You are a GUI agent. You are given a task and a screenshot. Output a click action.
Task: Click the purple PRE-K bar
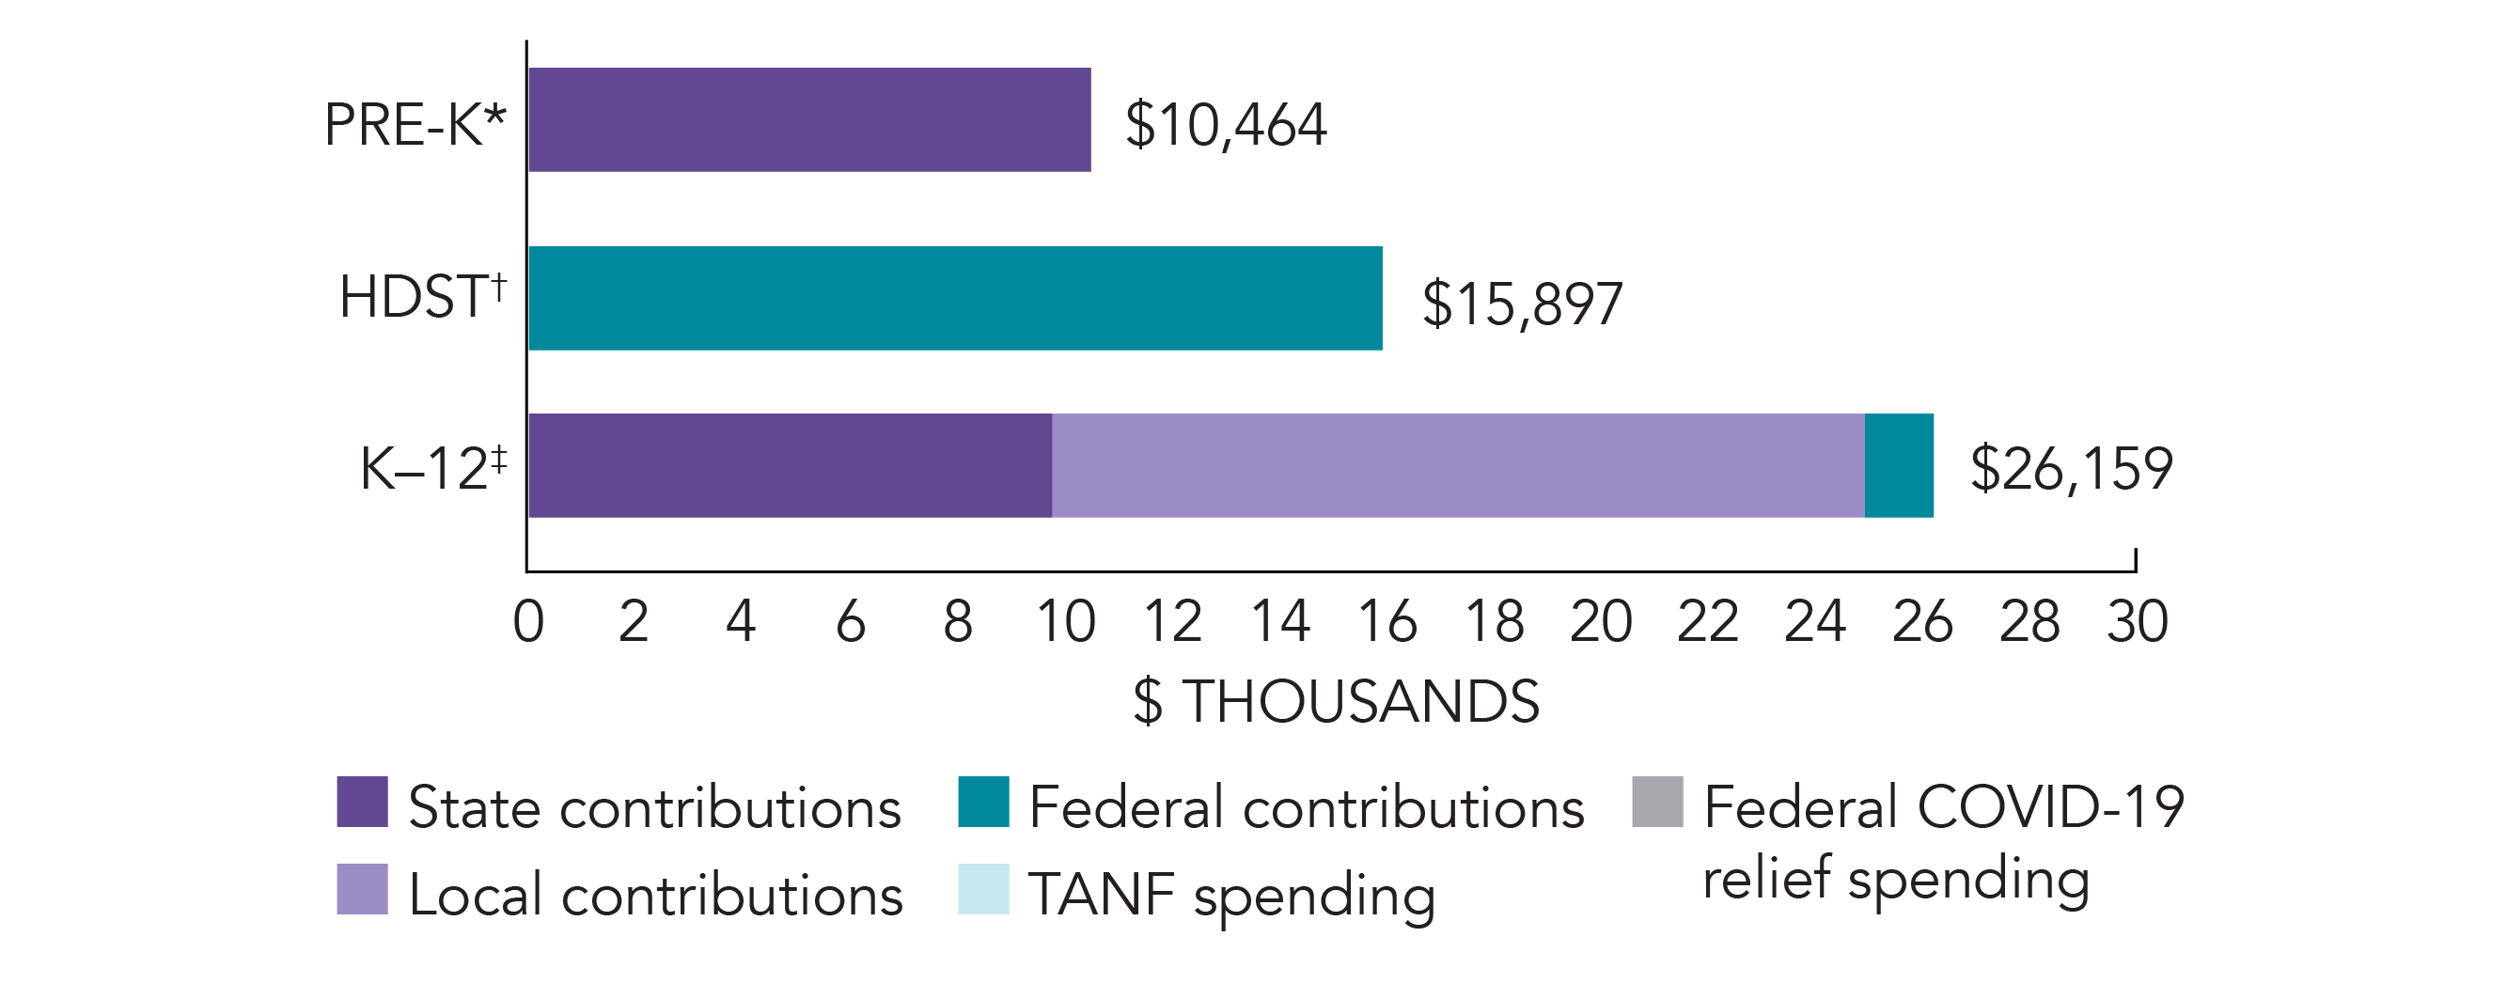click(x=808, y=119)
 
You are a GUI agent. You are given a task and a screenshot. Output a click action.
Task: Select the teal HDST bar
click(x=955, y=298)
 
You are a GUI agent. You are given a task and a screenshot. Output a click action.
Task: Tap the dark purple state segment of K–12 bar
click(x=790, y=465)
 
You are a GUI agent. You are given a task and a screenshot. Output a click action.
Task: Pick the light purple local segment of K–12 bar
click(x=1457, y=465)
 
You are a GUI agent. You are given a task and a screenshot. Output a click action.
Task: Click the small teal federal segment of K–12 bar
click(x=1898, y=465)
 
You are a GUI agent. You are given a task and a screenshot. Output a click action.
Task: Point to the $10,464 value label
click(x=1225, y=126)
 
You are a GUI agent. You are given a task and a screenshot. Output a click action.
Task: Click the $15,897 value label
click(x=1522, y=304)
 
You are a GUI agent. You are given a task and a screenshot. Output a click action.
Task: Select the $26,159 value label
click(x=2071, y=469)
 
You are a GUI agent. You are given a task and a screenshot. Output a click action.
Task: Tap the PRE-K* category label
click(x=415, y=126)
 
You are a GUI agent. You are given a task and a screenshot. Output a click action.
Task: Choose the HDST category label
click(x=422, y=297)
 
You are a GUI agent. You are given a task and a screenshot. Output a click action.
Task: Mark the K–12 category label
click(x=433, y=468)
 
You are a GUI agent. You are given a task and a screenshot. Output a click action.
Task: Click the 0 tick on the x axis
click(x=528, y=621)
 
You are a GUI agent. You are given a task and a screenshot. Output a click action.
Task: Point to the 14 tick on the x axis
click(x=1279, y=621)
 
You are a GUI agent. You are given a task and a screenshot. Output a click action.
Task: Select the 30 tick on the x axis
click(x=2138, y=621)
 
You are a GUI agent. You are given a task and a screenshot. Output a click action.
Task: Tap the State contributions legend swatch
click(x=362, y=802)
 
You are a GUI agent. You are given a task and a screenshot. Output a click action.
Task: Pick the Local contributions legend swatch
click(x=362, y=889)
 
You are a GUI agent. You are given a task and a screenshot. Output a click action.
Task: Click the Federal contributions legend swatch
click(x=983, y=802)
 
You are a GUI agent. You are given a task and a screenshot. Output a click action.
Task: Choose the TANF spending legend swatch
click(x=983, y=889)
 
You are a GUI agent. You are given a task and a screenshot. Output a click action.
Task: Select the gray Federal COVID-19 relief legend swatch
click(x=1657, y=802)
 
